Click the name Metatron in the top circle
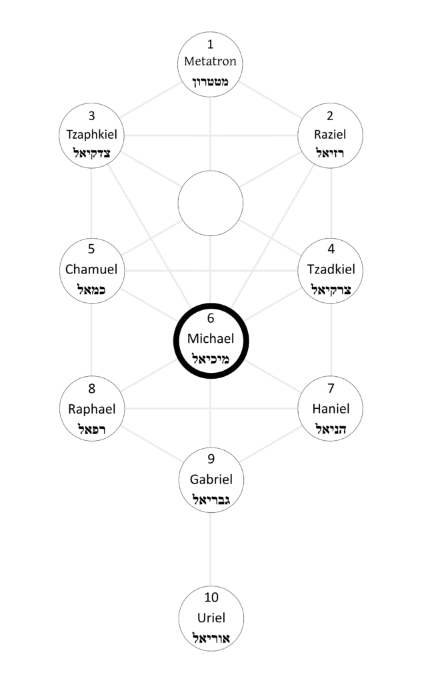(211, 62)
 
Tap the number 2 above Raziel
(331, 115)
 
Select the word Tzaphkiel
(91, 135)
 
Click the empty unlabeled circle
(211, 203)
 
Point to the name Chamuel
(91, 269)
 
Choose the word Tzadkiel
(331, 269)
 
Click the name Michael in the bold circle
(211, 339)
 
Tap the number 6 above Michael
(211, 319)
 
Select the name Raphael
(91, 409)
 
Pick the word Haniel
(331, 409)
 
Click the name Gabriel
(211, 479)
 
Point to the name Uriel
(211, 617)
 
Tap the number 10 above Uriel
(211, 597)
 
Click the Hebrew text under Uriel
(211, 638)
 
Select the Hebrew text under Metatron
(211, 82)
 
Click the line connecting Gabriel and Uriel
(211, 547)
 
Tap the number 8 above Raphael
(91, 389)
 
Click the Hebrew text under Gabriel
(211, 500)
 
